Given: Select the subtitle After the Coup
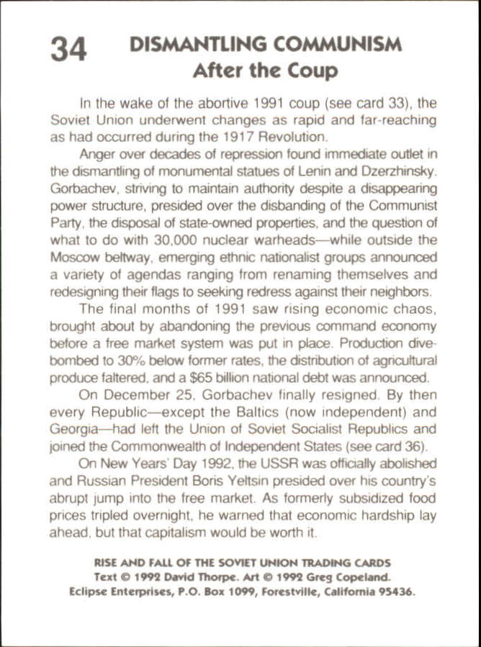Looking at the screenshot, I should click(x=264, y=71).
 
